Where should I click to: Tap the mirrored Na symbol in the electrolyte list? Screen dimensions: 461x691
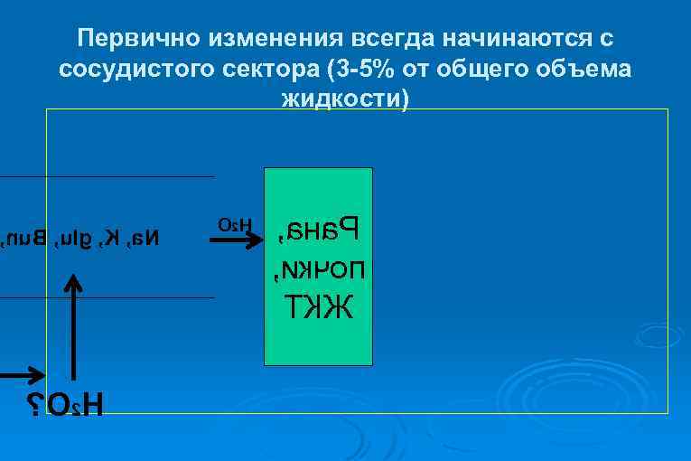(x=145, y=239)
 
